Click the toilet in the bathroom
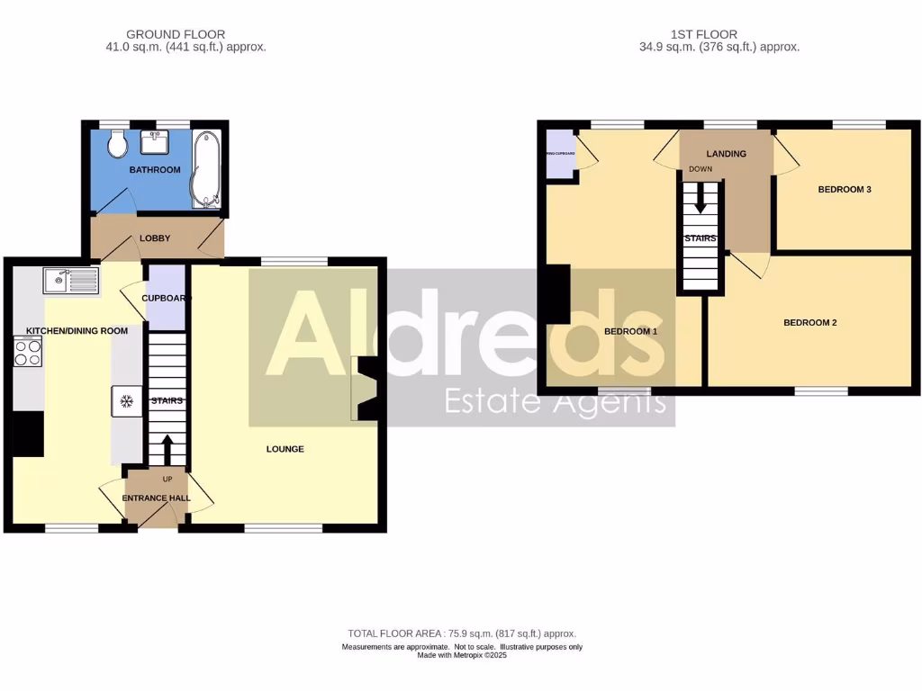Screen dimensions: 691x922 tap(116, 144)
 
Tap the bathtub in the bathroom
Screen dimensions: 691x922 tap(204, 169)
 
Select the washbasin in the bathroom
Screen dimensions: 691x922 tap(157, 142)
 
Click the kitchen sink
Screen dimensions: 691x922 tap(70, 281)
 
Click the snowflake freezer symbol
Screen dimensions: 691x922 tap(126, 400)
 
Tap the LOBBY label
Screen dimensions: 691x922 tap(155, 238)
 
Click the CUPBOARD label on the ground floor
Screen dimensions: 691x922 tap(164, 299)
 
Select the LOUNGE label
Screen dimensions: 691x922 tap(285, 449)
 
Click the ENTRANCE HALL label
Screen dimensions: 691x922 tap(157, 497)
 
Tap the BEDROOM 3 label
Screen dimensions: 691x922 tap(844, 190)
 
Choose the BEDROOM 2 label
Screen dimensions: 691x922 tap(809, 322)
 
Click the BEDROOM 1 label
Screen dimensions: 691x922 tap(630, 331)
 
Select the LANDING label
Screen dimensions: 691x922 tap(726, 154)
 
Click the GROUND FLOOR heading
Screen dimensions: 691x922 tap(177, 35)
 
